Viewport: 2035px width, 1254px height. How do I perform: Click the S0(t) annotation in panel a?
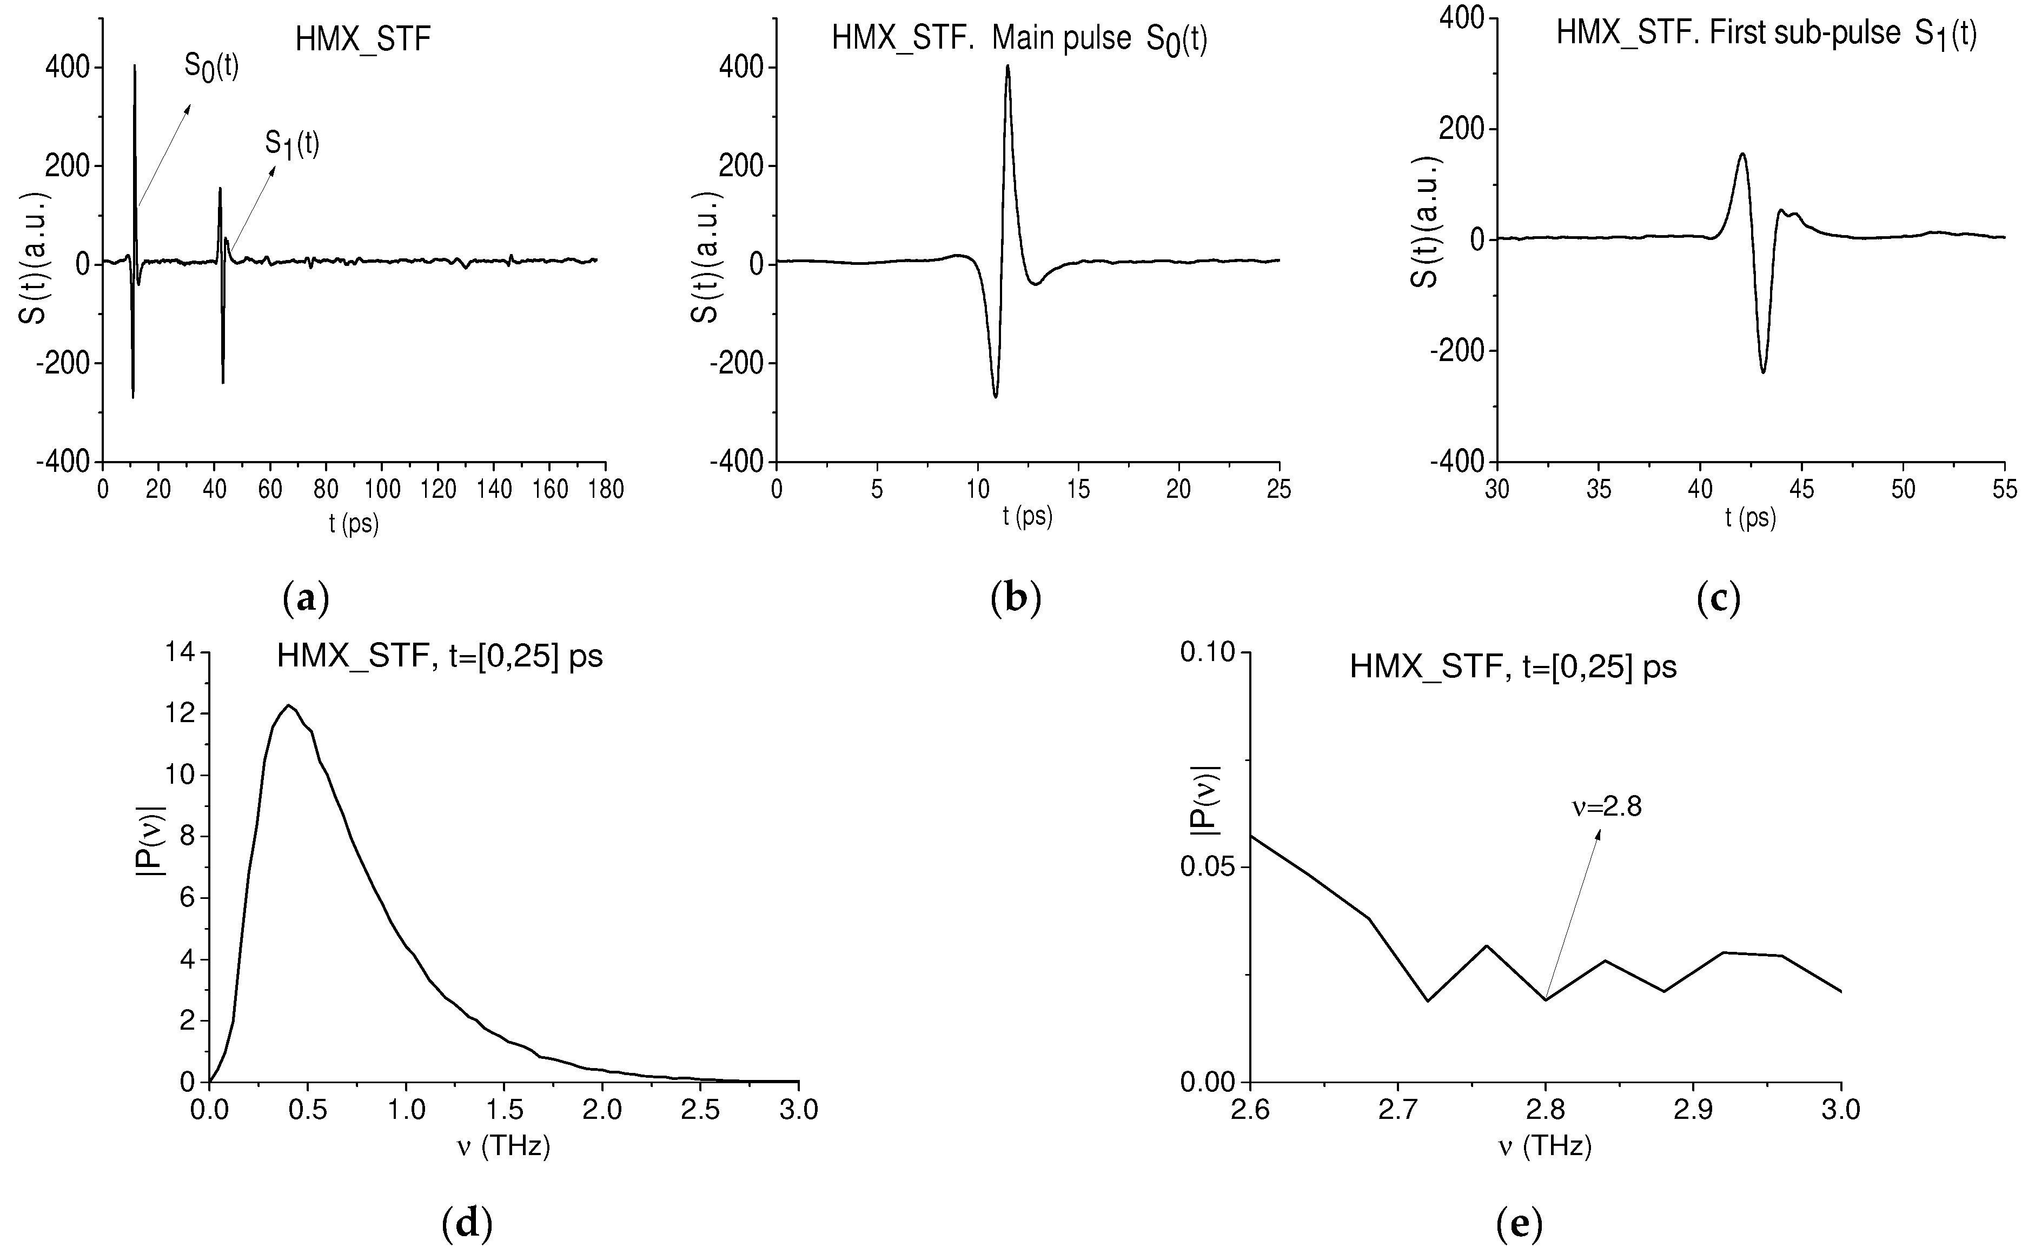[211, 68]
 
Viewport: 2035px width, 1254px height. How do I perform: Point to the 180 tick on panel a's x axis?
[605, 489]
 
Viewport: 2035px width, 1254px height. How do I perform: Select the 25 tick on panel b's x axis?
[1278, 489]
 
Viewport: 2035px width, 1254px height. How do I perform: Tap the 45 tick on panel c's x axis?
[1801, 489]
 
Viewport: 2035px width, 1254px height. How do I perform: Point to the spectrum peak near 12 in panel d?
[289, 706]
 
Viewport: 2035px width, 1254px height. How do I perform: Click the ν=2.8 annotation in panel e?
[1607, 807]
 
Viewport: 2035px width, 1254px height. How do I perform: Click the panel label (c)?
[1718, 597]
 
